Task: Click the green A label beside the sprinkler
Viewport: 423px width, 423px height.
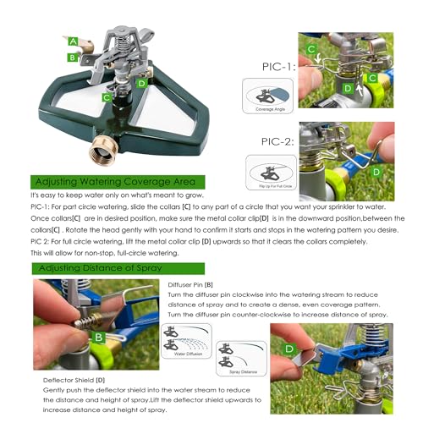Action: [x=75, y=41]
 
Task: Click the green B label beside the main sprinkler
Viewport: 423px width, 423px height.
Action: [x=74, y=58]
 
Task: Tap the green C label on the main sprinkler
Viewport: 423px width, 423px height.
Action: [x=107, y=97]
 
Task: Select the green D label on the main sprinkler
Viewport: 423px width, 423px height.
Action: [x=141, y=83]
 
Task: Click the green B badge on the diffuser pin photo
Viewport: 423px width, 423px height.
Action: [x=99, y=338]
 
